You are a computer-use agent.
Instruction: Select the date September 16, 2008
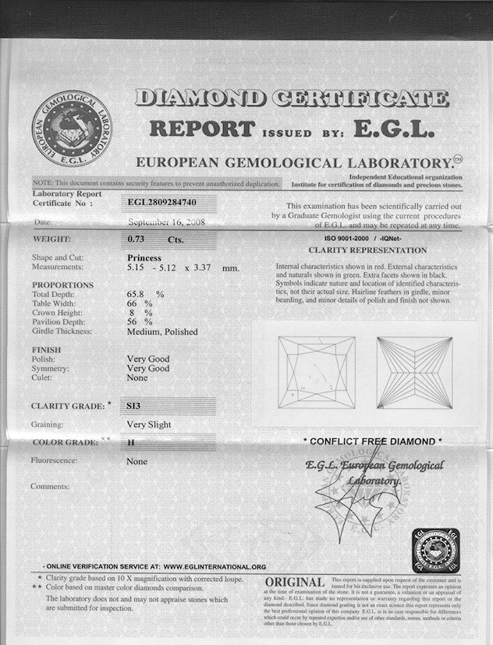(x=165, y=222)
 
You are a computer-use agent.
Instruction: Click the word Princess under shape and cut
(x=144, y=257)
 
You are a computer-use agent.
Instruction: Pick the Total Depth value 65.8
(x=138, y=294)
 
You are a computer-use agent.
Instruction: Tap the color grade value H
(x=130, y=443)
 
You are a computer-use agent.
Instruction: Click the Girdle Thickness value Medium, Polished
(x=161, y=331)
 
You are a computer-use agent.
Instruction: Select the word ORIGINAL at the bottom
(x=295, y=583)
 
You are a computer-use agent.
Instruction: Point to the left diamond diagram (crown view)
(x=317, y=372)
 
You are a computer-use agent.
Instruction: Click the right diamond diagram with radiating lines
(x=414, y=372)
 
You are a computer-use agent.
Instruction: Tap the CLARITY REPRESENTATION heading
(x=367, y=250)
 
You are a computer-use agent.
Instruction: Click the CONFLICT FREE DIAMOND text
(x=372, y=441)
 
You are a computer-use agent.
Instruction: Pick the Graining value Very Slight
(x=148, y=425)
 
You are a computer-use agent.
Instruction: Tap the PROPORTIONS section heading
(x=62, y=285)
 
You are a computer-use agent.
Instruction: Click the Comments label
(x=50, y=487)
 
